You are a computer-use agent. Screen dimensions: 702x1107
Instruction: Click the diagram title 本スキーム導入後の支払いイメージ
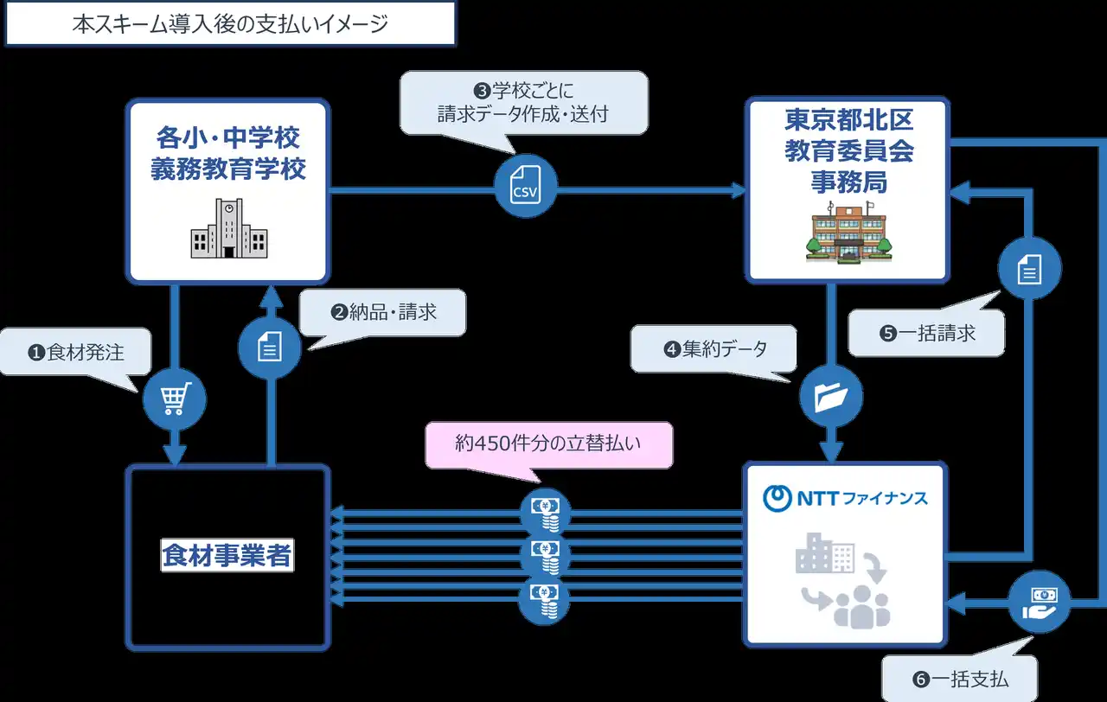[x=230, y=23]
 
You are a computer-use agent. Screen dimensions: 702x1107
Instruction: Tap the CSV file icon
[x=526, y=188]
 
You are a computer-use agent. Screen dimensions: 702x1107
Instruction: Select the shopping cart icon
[x=174, y=399]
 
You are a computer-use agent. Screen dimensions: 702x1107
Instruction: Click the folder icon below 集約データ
[x=831, y=396]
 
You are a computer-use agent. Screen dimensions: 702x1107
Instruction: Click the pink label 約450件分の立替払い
[x=548, y=444]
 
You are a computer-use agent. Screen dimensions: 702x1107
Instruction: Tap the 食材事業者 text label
[x=227, y=555]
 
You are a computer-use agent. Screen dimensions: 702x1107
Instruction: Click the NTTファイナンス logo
[x=846, y=497]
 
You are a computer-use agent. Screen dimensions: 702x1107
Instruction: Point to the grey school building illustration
[x=227, y=229]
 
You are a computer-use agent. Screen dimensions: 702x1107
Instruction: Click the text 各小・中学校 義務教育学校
[x=227, y=152]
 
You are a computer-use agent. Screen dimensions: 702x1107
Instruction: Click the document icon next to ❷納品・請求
[x=269, y=348]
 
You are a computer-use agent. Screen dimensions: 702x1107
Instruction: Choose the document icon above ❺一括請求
[x=1029, y=271]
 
